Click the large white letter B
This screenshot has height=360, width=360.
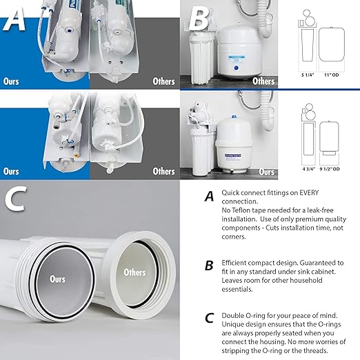coord(199,19)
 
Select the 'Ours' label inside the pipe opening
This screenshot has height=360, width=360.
coord(57,279)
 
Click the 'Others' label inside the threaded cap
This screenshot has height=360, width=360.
coord(134,272)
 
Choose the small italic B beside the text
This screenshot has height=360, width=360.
coord(208,265)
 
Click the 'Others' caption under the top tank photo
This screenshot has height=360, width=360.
coord(263,81)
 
